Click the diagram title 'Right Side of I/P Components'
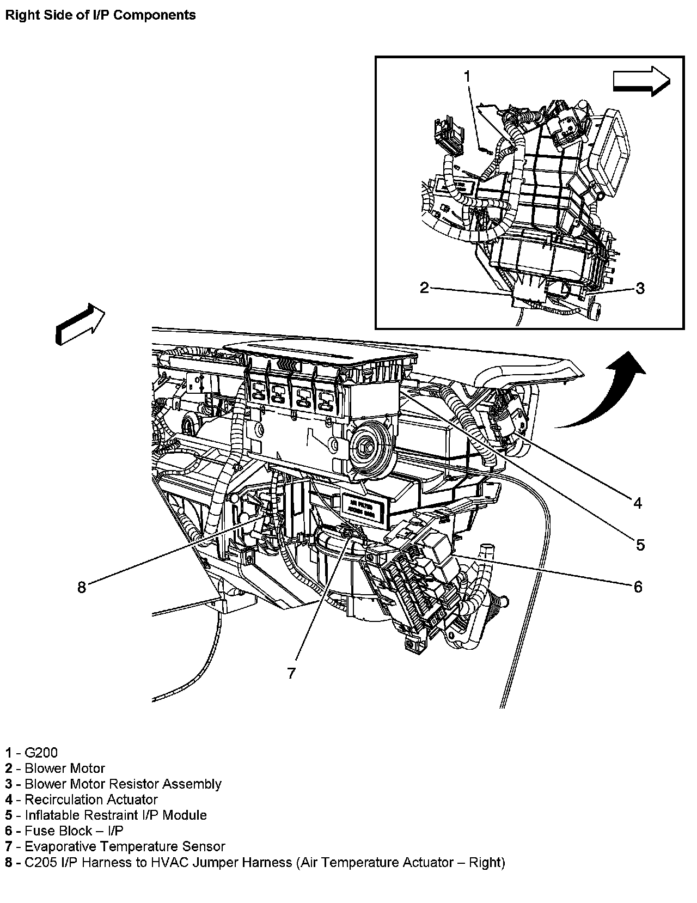(x=100, y=15)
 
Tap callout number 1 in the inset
(x=467, y=76)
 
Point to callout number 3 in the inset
(x=640, y=288)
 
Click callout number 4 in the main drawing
(x=638, y=503)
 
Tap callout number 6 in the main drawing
(x=638, y=587)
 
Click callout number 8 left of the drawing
(x=82, y=587)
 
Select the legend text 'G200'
(x=41, y=753)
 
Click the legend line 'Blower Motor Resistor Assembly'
(x=123, y=784)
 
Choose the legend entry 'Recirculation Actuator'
(x=91, y=800)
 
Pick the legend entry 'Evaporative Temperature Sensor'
(x=125, y=846)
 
